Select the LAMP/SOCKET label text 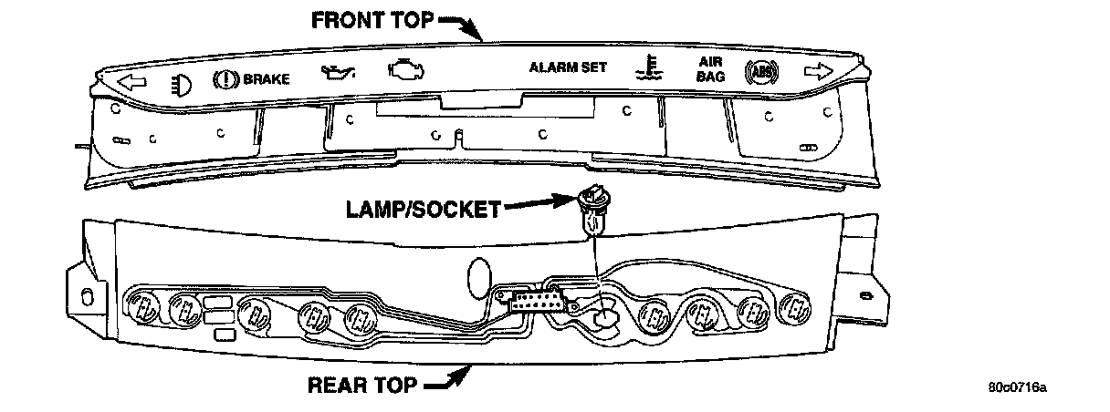pyautogui.click(x=422, y=209)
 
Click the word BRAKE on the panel pyautogui.click(x=266, y=79)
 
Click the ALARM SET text pyautogui.click(x=568, y=67)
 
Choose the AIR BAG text pyautogui.click(x=710, y=70)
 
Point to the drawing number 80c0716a pyautogui.click(x=1016, y=386)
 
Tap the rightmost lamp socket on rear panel pyautogui.click(x=797, y=310)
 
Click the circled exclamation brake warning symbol pyautogui.click(x=224, y=80)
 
